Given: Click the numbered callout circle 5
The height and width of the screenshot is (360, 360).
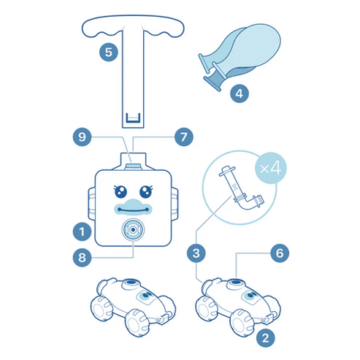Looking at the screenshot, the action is (x=109, y=52).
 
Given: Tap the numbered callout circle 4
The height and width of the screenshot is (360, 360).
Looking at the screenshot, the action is (x=240, y=93).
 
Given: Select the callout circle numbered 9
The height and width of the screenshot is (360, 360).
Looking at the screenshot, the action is (x=83, y=137).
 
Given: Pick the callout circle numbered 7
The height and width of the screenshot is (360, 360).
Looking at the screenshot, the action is (x=184, y=137).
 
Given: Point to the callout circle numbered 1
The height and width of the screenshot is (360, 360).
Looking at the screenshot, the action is (x=83, y=231).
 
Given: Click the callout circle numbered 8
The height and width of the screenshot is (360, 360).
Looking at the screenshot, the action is (x=83, y=257).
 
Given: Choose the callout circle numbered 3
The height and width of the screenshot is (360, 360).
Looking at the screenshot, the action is (x=196, y=253).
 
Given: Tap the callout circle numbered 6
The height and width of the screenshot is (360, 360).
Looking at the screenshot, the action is (x=280, y=253).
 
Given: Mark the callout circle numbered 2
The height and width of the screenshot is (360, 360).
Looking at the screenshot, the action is (x=266, y=338).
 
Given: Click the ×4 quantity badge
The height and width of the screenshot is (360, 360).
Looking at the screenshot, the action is (x=271, y=168).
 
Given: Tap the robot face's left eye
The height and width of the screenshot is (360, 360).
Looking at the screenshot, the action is (x=120, y=191).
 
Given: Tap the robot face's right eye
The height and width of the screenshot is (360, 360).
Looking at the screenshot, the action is (x=146, y=191).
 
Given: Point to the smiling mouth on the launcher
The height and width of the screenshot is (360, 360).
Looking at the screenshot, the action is (x=133, y=208).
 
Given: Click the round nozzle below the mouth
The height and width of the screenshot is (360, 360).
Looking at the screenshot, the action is (x=133, y=230).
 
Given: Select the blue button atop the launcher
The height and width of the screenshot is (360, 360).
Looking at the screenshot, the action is (x=133, y=166).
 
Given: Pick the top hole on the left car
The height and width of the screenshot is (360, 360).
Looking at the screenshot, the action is (x=131, y=283).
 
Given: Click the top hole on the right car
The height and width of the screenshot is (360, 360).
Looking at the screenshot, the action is (x=236, y=283).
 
